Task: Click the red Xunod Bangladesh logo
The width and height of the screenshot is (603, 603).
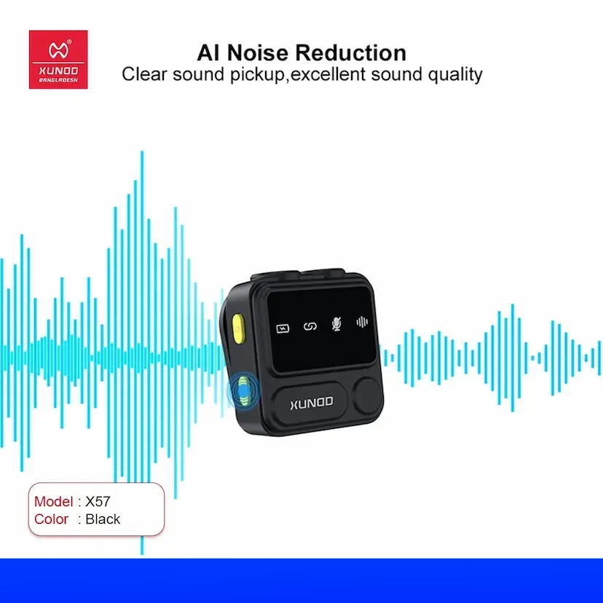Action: click(x=58, y=60)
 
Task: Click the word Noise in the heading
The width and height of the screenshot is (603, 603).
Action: click(x=257, y=52)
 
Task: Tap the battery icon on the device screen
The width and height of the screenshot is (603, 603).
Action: click(x=283, y=328)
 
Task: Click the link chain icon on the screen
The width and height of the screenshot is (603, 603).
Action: click(x=310, y=326)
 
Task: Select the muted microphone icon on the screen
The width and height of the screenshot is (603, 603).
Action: click(x=336, y=324)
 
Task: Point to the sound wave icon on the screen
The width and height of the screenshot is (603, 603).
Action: click(x=362, y=322)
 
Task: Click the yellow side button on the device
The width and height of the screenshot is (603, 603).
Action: click(x=238, y=329)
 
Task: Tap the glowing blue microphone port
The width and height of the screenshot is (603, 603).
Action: click(x=243, y=391)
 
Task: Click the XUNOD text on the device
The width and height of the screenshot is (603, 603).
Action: click(x=312, y=403)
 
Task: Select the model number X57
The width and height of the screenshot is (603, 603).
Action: click(x=98, y=502)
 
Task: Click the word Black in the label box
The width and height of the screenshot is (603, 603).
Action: click(x=103, y=519)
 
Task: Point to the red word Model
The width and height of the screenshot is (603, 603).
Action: click(x=53, y=502)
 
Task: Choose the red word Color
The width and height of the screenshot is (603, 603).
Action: click(x=51, y=519)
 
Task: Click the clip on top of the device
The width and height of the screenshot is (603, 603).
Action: click(x=298, y=274)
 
